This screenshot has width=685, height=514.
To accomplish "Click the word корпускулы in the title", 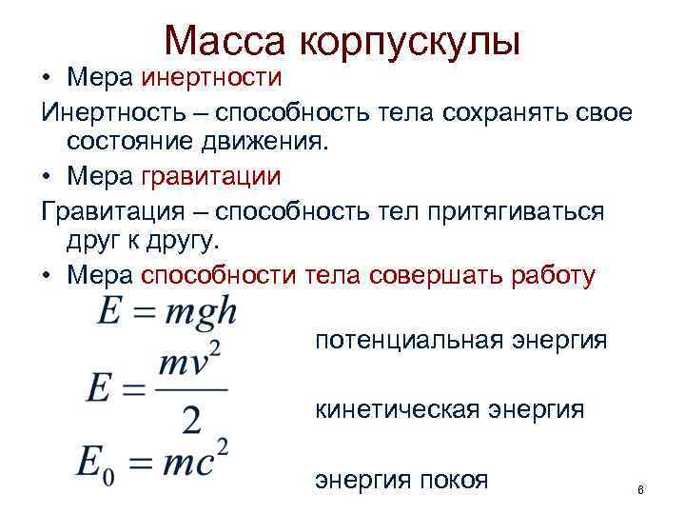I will pos(410,41).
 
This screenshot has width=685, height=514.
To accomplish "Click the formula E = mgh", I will pos(166,313).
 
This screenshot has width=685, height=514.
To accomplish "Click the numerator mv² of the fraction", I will pos(191,362).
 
